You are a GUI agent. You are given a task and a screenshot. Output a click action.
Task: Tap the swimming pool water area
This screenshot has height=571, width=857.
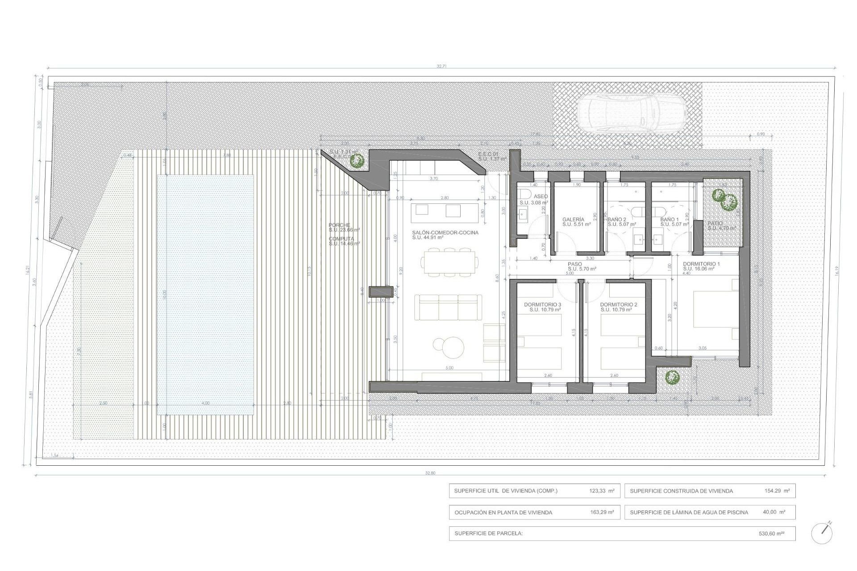[x=205, y=294]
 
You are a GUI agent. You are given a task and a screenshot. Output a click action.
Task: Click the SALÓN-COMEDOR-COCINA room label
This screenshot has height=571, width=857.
[x=445, y=233]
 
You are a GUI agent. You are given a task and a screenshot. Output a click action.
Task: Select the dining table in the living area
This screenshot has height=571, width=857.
[x=450, y=263]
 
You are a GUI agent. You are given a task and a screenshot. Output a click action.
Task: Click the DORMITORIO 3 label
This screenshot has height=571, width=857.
[x=542, y=305]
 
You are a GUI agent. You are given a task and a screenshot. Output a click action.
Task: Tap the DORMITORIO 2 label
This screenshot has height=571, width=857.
[x=619, y=305]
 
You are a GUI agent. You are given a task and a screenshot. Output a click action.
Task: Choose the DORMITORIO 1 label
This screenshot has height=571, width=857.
[x=701, y=264]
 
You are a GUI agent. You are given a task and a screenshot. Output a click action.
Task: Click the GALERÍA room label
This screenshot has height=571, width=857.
[x=573, y=219]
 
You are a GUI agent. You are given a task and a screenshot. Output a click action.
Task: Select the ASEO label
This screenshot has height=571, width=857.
[x=541, y=196]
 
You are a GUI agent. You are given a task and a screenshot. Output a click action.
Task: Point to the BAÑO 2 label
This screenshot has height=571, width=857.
[x=617, y=219]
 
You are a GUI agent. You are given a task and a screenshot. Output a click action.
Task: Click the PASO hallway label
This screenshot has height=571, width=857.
[x=575, y=264]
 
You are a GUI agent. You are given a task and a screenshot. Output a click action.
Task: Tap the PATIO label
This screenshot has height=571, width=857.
[x=715, y=223]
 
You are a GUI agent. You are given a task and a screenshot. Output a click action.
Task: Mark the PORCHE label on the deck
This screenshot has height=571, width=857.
[x=340, y=225]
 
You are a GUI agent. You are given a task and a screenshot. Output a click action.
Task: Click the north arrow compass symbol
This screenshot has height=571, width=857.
[x=821, y=533]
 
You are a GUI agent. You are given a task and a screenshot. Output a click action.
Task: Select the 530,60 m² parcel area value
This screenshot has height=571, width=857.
[x=771, y=534]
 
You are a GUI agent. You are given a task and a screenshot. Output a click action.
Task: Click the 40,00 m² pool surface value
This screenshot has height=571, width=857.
[x=774, y=512]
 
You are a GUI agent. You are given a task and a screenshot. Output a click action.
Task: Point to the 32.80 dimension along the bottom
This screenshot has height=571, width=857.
[x=430, y=473]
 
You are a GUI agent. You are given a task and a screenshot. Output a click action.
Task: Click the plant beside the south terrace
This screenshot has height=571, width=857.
[x=671, y=378]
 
